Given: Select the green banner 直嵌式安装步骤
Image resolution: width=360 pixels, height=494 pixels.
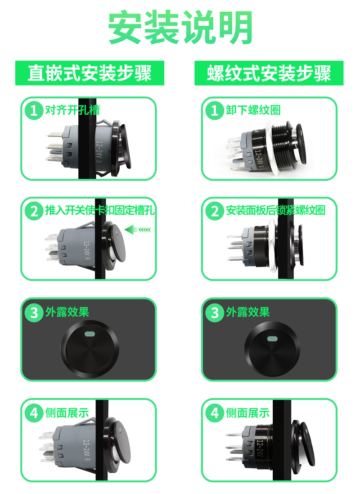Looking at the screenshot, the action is [90, 73].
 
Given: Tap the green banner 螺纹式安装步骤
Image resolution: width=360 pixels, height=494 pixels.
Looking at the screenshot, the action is [269, 73].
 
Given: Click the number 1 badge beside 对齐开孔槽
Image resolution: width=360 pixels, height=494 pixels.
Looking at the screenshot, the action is [34, 110].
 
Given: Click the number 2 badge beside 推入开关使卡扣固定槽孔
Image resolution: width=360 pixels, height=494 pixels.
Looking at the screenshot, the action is [34, 211].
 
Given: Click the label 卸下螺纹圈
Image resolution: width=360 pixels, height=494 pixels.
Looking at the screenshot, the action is [253, 110].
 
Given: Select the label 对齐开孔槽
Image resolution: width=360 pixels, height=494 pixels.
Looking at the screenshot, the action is [72, 110].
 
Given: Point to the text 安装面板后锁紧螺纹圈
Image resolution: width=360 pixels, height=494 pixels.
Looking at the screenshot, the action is [275, 210].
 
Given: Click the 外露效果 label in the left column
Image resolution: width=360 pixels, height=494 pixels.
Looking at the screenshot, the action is [67, 312].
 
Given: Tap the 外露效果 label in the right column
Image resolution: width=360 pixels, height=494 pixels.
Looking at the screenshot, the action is [248, 312].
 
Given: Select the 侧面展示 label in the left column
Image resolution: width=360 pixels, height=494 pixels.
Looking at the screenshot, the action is [67, 412].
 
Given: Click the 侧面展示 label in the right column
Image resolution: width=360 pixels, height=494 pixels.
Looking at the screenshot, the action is [248, 412].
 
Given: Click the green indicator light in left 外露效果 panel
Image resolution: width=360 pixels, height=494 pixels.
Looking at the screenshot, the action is [90, 334].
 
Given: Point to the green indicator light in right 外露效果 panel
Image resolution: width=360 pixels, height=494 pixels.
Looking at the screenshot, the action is [272, 339].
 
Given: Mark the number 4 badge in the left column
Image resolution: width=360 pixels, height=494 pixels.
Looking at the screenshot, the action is [34, 412].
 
